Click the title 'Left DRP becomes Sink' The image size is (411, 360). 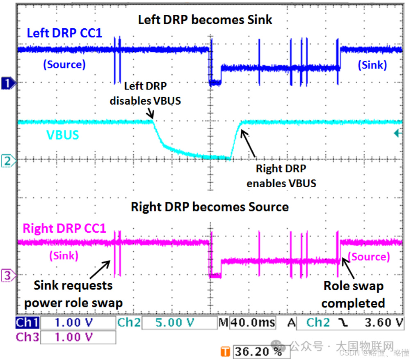click(x=205, y=19)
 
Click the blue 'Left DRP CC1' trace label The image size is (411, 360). click(x=64, y=33)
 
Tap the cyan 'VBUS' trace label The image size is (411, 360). click(x=63, y=135)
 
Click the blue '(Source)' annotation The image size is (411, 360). click(x=64, y=64)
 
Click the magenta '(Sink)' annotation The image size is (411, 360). click(x=64, y=255)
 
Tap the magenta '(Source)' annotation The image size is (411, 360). click(x=368, y=257)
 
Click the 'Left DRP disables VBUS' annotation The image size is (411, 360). click(x=145, y=93)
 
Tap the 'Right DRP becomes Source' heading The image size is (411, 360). click(x=210, y=206)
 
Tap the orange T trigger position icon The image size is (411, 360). click(x=225, y=351)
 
